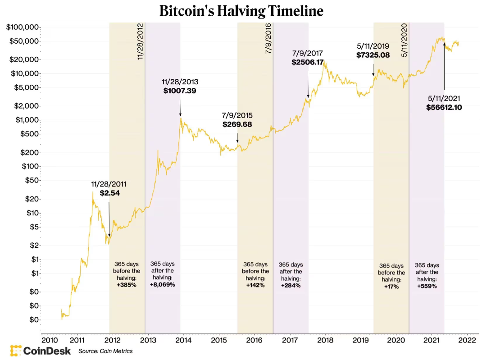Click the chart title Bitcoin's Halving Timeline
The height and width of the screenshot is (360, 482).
click(241, 11)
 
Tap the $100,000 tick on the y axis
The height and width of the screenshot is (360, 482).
click(22, 27)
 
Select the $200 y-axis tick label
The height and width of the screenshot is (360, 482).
click(28, 152)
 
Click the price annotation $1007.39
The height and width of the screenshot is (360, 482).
click(180, 91)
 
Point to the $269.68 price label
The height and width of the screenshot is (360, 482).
click(237, 124)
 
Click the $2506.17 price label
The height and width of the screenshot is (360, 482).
click(308, 62)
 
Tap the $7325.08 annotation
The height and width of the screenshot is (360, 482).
click(373, 55)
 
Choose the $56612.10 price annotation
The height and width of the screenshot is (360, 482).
click(444, 107)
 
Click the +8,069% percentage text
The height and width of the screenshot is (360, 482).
click(162, 285)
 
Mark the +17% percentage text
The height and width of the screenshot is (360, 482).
click(391, 287)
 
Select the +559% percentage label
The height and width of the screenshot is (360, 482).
click(427, 286)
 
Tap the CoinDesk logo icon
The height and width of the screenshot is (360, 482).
click(16, 351)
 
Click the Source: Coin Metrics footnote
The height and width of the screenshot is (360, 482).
click(105, 351)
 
